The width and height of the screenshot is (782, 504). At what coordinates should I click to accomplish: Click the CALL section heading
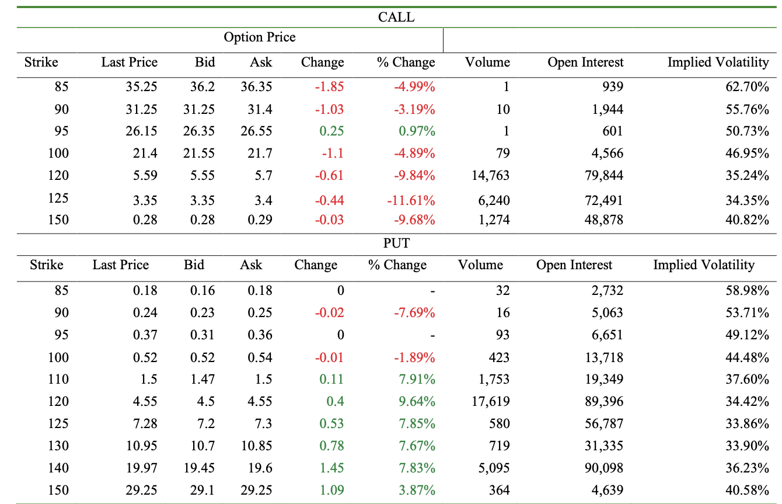point(396,17)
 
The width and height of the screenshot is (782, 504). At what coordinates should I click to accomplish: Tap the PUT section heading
point(396,243)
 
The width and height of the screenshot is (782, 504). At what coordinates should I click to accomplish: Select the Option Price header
point(260,37)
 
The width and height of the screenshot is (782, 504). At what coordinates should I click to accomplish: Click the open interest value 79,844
point(601,175)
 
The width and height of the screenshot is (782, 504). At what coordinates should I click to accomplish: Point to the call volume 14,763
point(490,175)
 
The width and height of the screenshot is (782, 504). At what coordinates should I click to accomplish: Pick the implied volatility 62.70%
point(747,87)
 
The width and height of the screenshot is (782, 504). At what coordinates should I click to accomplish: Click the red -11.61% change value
point(411,201)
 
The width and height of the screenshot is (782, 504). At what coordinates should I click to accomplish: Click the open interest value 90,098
point(601,468)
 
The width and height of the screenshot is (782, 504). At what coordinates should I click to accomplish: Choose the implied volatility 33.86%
point(747,423)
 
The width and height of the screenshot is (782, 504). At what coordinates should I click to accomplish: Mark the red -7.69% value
point(414,312)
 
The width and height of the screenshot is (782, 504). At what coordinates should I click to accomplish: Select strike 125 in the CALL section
point(58,198)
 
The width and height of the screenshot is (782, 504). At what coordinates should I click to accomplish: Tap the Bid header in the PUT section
point(194,265)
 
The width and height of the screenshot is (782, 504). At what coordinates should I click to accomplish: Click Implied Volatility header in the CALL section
point(718,62)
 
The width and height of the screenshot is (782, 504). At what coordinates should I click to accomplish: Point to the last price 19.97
point(141,468)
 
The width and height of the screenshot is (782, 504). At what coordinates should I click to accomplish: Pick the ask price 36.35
point(256,87)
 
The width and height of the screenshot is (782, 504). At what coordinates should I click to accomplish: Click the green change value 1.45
point(331,468)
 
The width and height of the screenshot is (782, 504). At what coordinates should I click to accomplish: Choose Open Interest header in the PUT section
point(574,265)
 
